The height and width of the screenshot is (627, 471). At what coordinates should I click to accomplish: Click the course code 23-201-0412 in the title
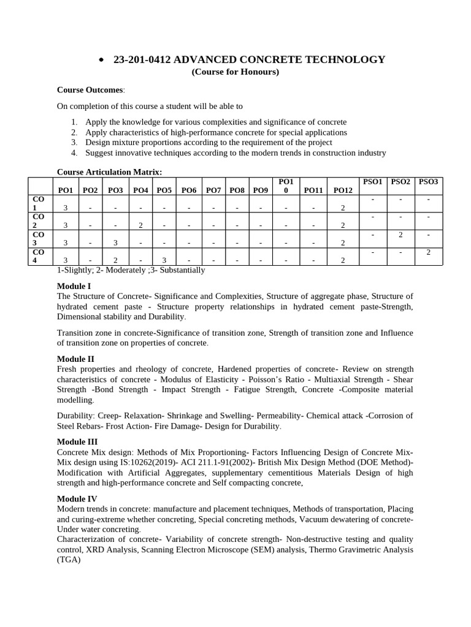(142, 59)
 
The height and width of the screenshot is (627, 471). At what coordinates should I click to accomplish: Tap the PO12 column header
(343, 190)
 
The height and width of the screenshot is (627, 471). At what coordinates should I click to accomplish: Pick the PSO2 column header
(400, 182)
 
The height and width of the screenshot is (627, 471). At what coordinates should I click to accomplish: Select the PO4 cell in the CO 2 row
(140, 225)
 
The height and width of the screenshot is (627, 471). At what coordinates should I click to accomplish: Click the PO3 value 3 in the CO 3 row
(115, 242)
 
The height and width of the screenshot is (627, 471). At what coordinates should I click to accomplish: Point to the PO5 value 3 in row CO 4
(164, 260)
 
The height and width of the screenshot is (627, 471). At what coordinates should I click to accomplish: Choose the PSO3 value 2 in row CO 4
(429, 252)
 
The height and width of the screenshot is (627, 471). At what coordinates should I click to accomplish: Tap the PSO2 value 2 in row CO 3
(400, 235)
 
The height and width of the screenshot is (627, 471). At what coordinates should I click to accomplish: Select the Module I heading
(74, 286)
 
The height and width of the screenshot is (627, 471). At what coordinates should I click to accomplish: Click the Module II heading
(75, 359)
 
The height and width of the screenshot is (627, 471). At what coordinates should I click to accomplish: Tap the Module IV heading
(77, 499)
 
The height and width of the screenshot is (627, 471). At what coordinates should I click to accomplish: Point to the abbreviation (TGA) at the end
(69, 559)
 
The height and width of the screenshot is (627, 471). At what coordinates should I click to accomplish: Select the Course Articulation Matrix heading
(110, 171)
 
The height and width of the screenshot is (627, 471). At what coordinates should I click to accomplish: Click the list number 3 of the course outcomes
(73, 143)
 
